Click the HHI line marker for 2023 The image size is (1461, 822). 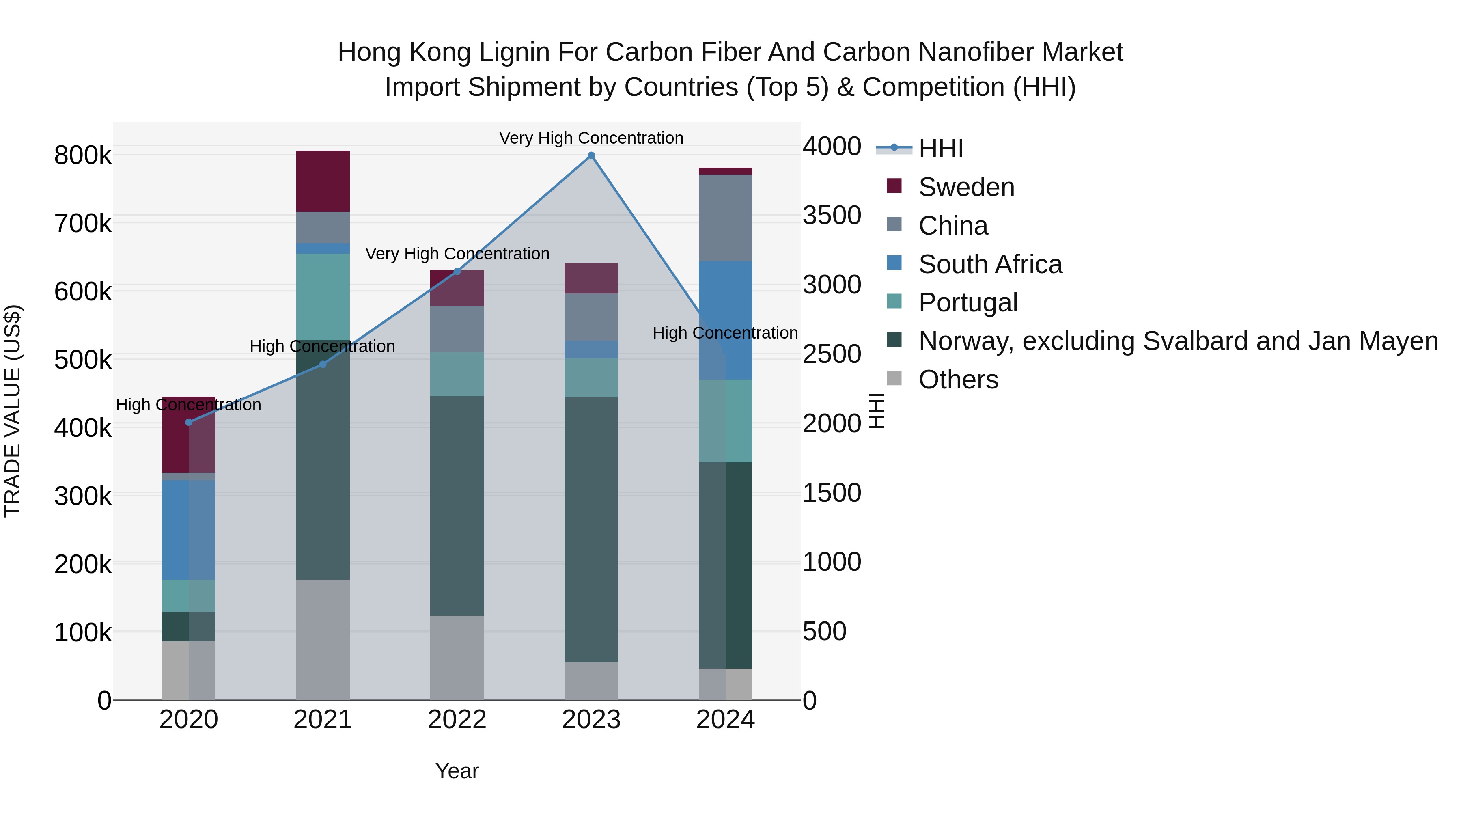tap(591, 155)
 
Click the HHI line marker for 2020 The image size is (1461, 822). tap(189, 422)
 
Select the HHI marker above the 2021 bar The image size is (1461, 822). tap(323, 364)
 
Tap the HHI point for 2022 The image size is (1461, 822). tap(457, 272)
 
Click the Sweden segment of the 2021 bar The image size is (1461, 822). tap(323, 181)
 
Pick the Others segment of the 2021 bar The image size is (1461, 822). tap(323, 639)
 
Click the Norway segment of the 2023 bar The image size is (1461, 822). tap(591, 529)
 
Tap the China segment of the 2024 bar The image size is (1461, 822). tap(725, 218)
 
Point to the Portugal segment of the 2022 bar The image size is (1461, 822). tap(457, 374)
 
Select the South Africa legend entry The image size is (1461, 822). tap(990, 264)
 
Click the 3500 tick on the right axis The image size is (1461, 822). tap(832, 216)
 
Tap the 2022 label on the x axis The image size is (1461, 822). tap(457, 720)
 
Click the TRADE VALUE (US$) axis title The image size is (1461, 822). tap(13, 411)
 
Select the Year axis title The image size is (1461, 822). tap(457, 771)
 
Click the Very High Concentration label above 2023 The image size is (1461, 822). tap(591, 138)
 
